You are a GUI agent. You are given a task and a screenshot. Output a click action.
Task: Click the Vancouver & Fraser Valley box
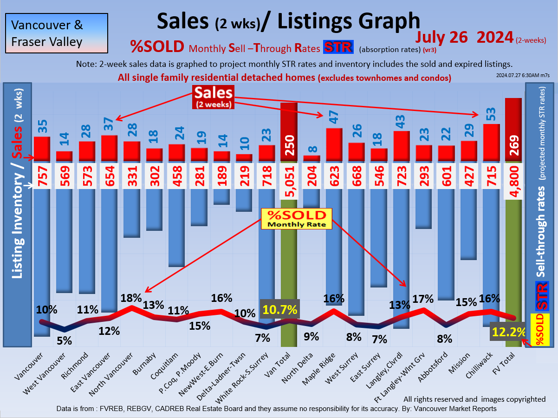[x=56, y=33]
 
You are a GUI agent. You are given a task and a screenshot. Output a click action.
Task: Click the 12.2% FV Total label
[x=509, y=333]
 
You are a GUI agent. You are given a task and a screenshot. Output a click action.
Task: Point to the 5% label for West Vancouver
[x=64, y=340]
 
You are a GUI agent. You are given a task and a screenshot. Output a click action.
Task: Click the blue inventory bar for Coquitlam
[x=176, y=228]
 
